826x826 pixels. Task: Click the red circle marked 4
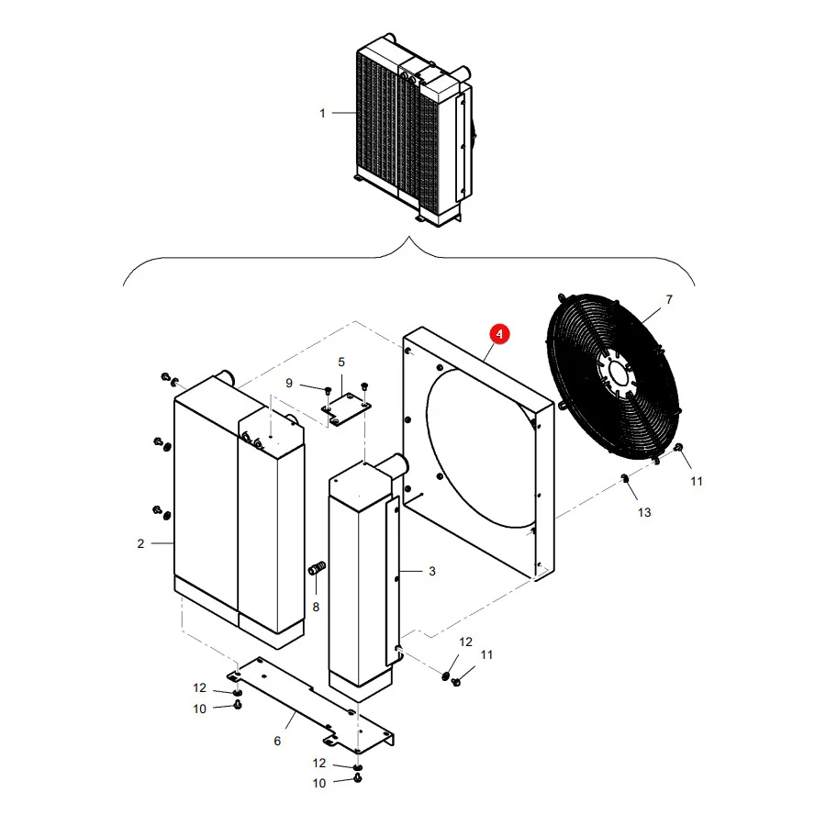click(499, 334)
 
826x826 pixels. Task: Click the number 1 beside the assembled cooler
click(322, 113)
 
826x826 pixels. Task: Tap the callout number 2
click(140, 543)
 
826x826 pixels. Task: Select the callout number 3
click(432, 572)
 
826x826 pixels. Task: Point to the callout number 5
click(341, 363)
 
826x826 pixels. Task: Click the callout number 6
click(277, 742)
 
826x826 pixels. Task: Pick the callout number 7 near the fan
click(669, 300)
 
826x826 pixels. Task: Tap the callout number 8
click(316, 608)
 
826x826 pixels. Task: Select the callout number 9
click(289, 384)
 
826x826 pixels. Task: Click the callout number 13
click(644, 512)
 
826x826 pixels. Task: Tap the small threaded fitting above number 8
click(317, 568)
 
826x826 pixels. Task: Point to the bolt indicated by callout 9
click(329, 390)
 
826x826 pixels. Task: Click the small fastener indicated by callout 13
click(624, 478)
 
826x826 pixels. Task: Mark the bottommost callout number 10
click(319, 784)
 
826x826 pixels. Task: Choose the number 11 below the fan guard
click(697, 482)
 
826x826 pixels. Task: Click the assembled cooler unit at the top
click(414, 129)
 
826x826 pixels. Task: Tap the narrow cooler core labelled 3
click(364, 577)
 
